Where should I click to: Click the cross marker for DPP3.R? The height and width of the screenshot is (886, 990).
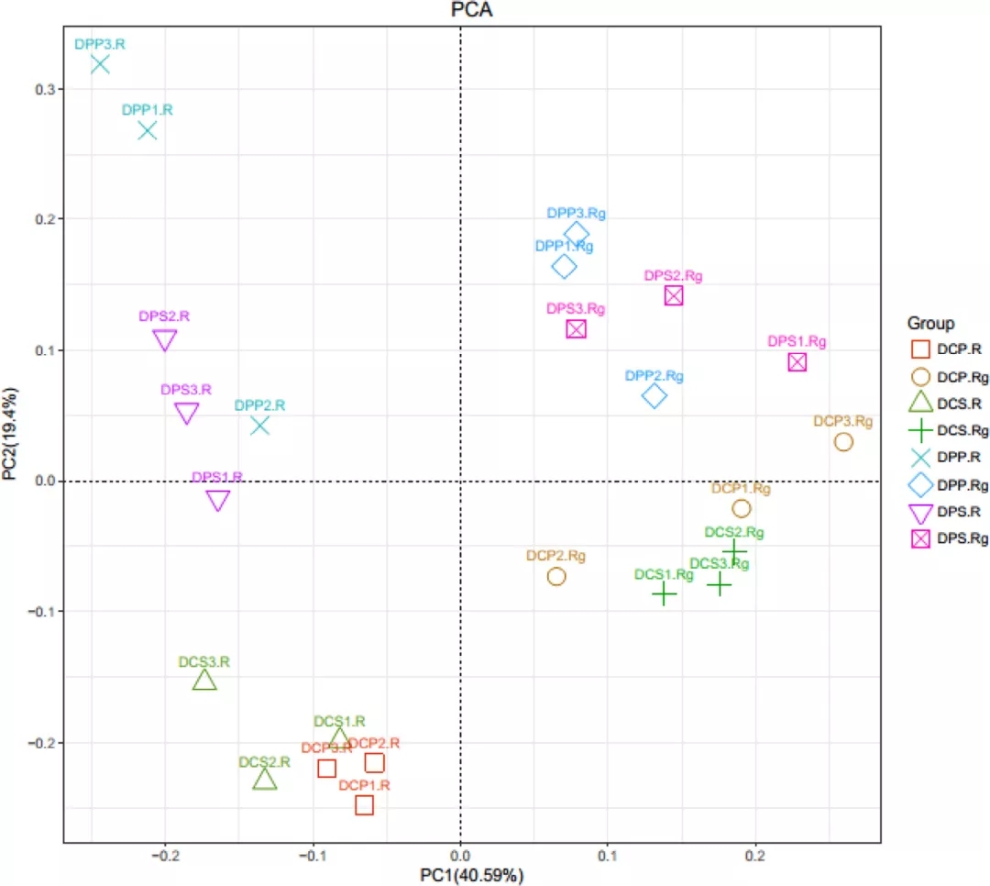tap(100, 64)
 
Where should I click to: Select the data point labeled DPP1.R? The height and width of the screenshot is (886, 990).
tap(147, 130)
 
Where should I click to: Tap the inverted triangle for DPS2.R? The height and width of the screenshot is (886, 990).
tap(165, 340)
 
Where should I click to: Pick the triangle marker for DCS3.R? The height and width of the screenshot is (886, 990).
tap(204, 680)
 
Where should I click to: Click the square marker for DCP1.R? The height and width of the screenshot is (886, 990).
tap(365, 804)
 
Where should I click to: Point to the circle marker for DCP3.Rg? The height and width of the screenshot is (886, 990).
tap(843, 442)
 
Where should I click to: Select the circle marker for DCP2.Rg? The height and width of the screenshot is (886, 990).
tap(556, 576)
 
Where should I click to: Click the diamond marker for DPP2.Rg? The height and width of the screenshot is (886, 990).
tap(654, 396)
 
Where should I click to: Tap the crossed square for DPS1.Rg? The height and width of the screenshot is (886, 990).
tap(797, 361)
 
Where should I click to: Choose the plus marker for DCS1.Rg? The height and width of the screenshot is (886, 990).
tap(664, 594)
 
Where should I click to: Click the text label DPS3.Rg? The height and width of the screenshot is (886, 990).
tap(576, 308)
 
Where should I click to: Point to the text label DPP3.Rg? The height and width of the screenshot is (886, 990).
tap(577, 213)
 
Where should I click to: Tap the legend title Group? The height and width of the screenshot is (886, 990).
tap(930, 323)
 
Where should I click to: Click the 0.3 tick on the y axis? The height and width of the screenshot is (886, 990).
tap(43, 89)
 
